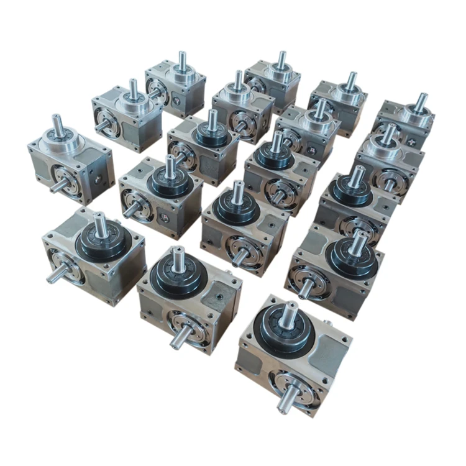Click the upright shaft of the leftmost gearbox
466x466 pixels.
(58, 127)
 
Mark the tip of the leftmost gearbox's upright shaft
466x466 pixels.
(57, 118)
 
